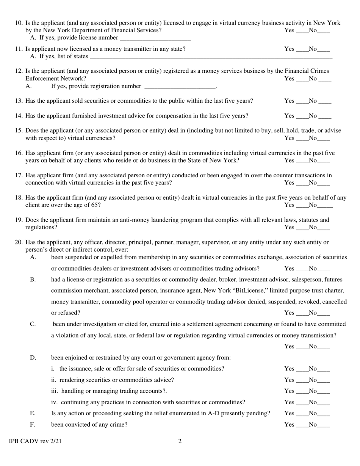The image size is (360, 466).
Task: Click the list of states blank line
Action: (x=210, y=57)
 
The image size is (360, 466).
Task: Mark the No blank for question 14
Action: (x=325, y=116)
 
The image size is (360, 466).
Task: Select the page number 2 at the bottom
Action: (x=180, y=441)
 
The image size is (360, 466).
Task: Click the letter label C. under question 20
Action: (x=33, y=324)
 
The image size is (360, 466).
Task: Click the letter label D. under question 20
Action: (x=33, y=358)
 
